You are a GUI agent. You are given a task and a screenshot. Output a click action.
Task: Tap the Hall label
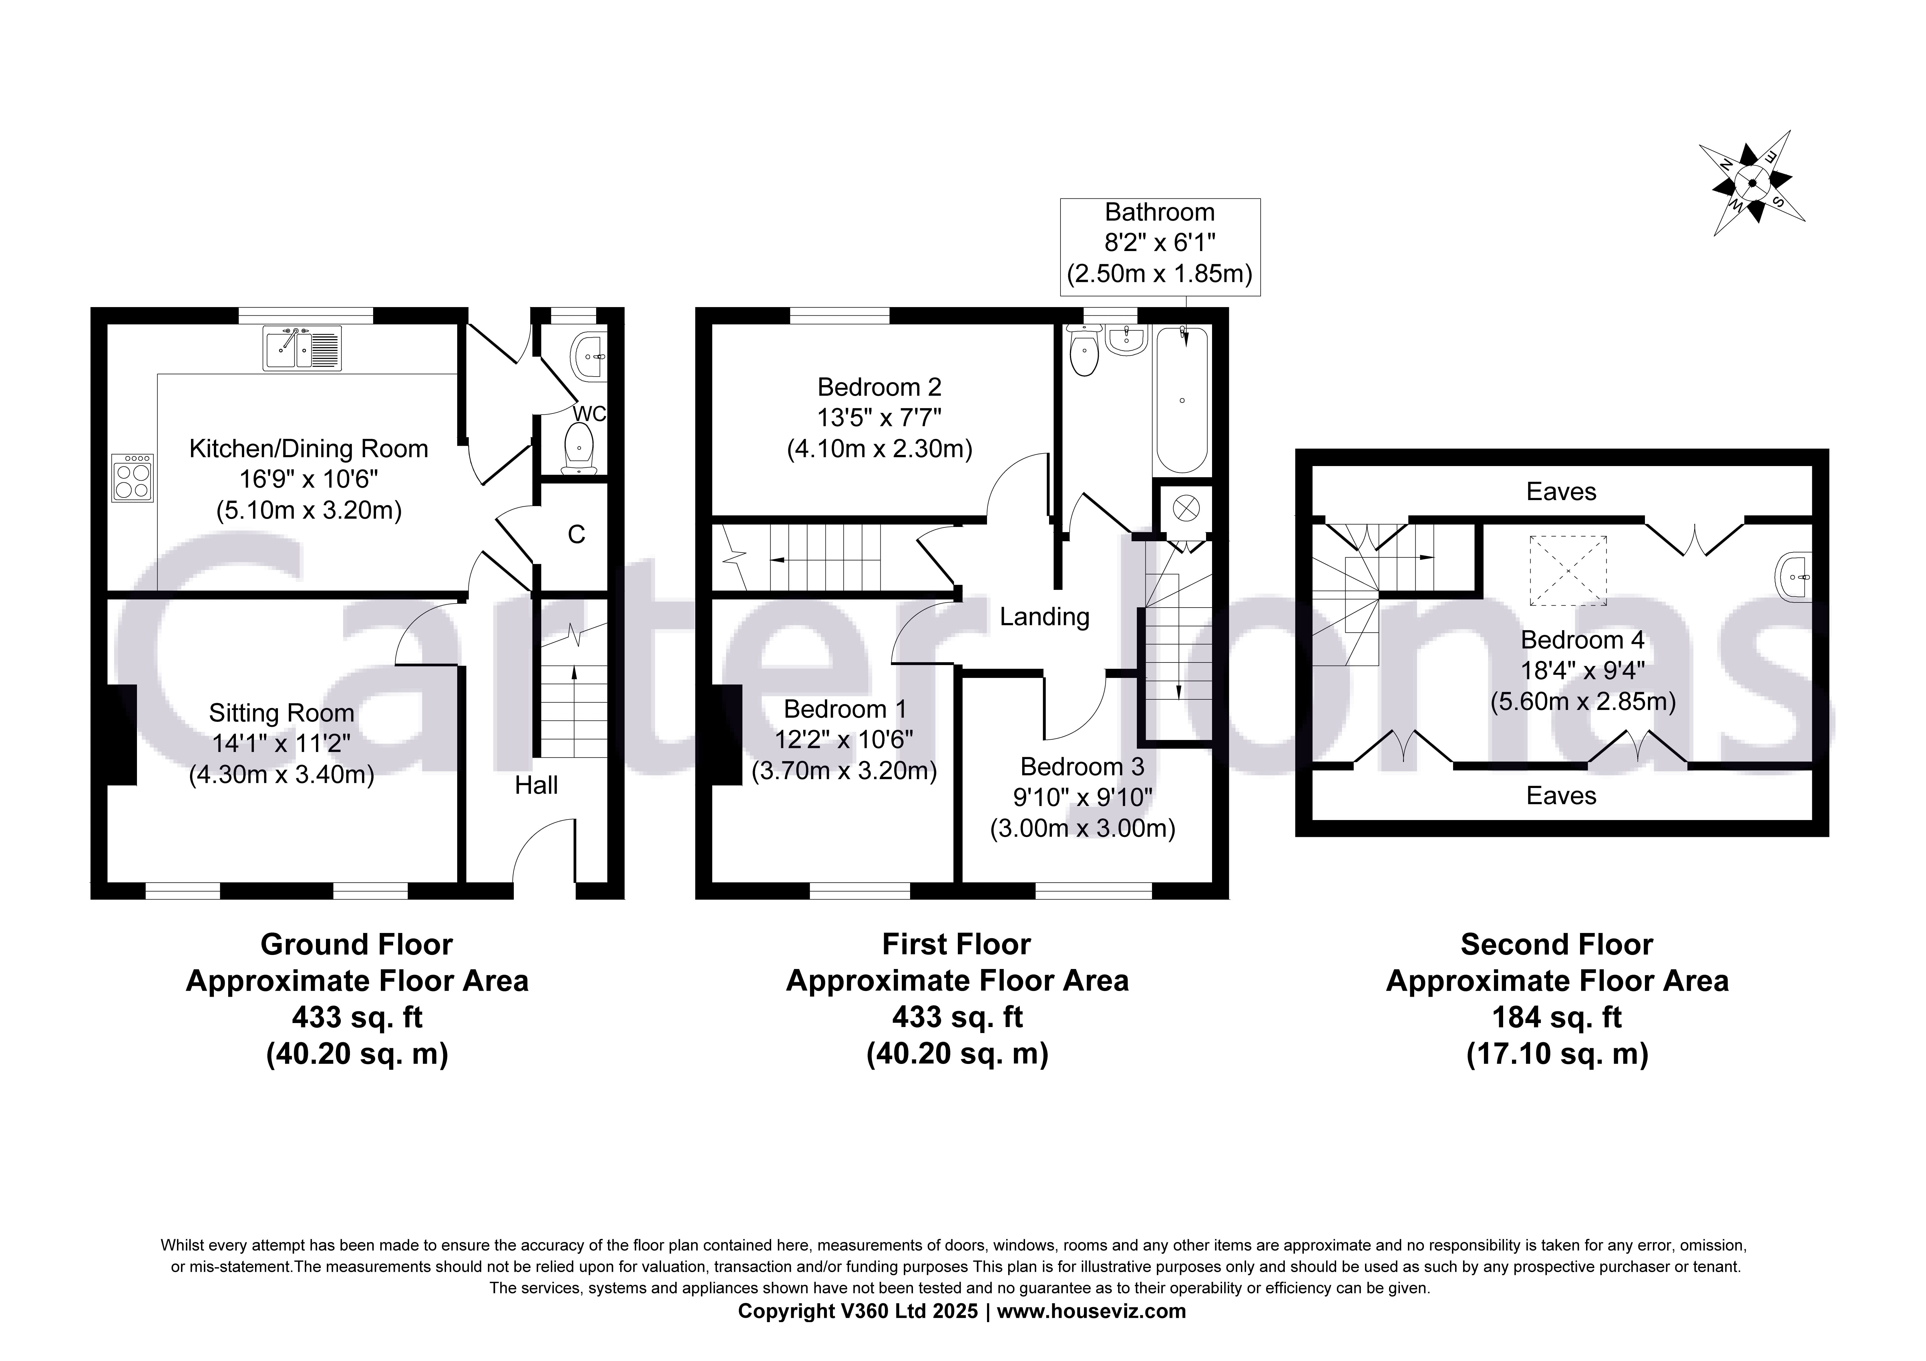[536, 785]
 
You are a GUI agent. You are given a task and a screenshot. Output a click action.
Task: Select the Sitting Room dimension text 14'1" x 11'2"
[281, 743]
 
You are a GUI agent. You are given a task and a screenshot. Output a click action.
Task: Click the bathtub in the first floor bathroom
[1182, 401]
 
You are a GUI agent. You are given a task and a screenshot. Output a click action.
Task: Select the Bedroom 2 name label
[879, 388]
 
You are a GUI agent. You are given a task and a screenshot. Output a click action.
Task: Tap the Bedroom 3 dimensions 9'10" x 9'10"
[1082, 798]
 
